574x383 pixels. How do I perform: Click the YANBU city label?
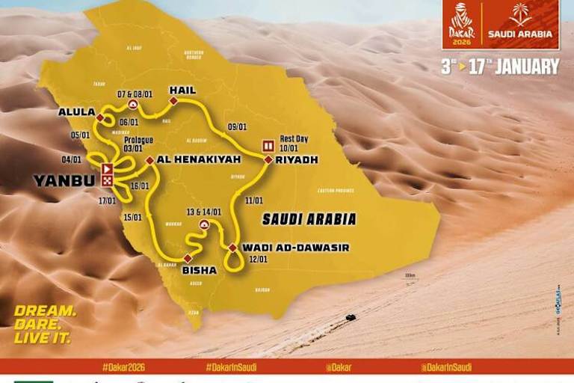64,180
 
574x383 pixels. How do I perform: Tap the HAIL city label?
182,91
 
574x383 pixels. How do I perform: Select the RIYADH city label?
297,159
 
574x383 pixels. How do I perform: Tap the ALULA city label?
77,112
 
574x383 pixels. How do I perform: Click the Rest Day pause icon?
267,145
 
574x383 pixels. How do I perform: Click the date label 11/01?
253,200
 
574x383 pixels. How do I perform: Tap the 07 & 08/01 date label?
135,94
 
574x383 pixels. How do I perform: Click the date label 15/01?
132,217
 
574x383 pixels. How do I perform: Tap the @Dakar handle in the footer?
339,367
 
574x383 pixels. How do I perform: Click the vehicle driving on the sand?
350,317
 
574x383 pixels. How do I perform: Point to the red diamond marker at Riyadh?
268,159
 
